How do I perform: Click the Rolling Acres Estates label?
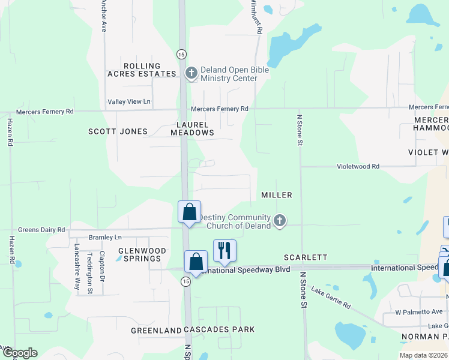(142, 70)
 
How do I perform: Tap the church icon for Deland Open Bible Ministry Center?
(191, 74)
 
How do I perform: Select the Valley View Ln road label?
(128, 102)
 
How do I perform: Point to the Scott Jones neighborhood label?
(118, 131)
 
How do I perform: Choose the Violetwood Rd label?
(358, 166)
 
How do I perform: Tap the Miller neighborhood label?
(277, 195)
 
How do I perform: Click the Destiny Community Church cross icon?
(279, 221)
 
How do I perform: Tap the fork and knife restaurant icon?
(224, 250)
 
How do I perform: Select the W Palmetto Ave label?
(418, 313)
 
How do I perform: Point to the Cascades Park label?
(219, 329)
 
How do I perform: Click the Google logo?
(19, 353)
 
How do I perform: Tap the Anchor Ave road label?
(104, 16)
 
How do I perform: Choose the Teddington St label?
(90, 265)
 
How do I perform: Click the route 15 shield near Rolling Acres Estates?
(181, 54)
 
